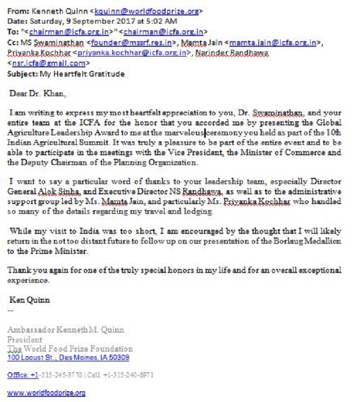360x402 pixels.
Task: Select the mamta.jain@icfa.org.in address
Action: [x=273, y=43]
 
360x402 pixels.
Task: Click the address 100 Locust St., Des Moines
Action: [x=68, y=357]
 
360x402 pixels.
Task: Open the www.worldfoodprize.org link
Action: [x=46, y=393]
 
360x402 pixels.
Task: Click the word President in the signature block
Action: [x=25, y=339]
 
